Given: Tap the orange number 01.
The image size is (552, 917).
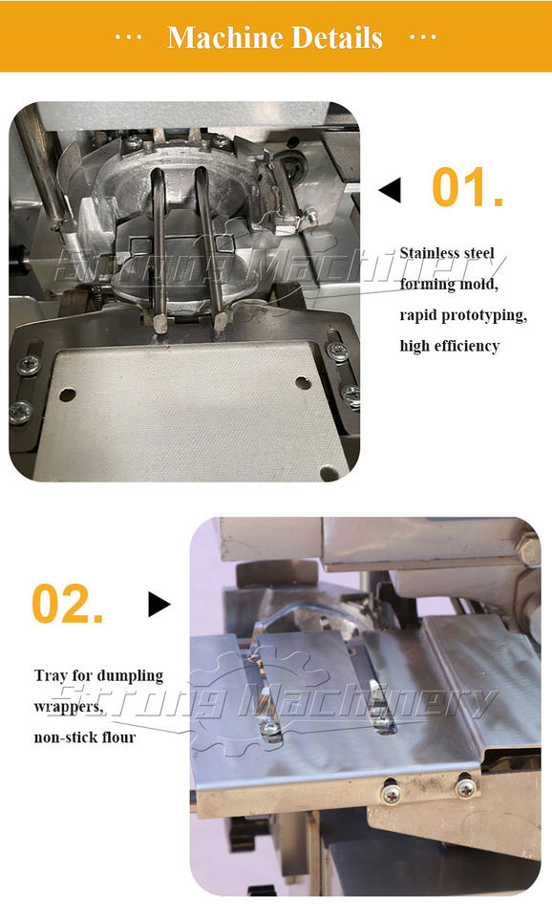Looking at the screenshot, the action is (467, 186).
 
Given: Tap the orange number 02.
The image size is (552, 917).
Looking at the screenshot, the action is (67, 603).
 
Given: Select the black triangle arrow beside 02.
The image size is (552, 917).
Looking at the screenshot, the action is (159, 604).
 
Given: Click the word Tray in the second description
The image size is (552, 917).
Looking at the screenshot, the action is (51, 676).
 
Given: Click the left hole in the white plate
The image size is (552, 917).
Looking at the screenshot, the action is (67, 395).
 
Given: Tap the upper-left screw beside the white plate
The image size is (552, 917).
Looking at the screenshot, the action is (27, 366).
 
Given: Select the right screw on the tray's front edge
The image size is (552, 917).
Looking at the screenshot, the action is (465, 789).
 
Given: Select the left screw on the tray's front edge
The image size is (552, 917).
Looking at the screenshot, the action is (392, 794).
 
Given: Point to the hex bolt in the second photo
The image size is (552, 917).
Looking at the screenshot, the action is (529, 551).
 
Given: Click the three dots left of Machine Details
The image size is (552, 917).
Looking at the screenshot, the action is (129, 38).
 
